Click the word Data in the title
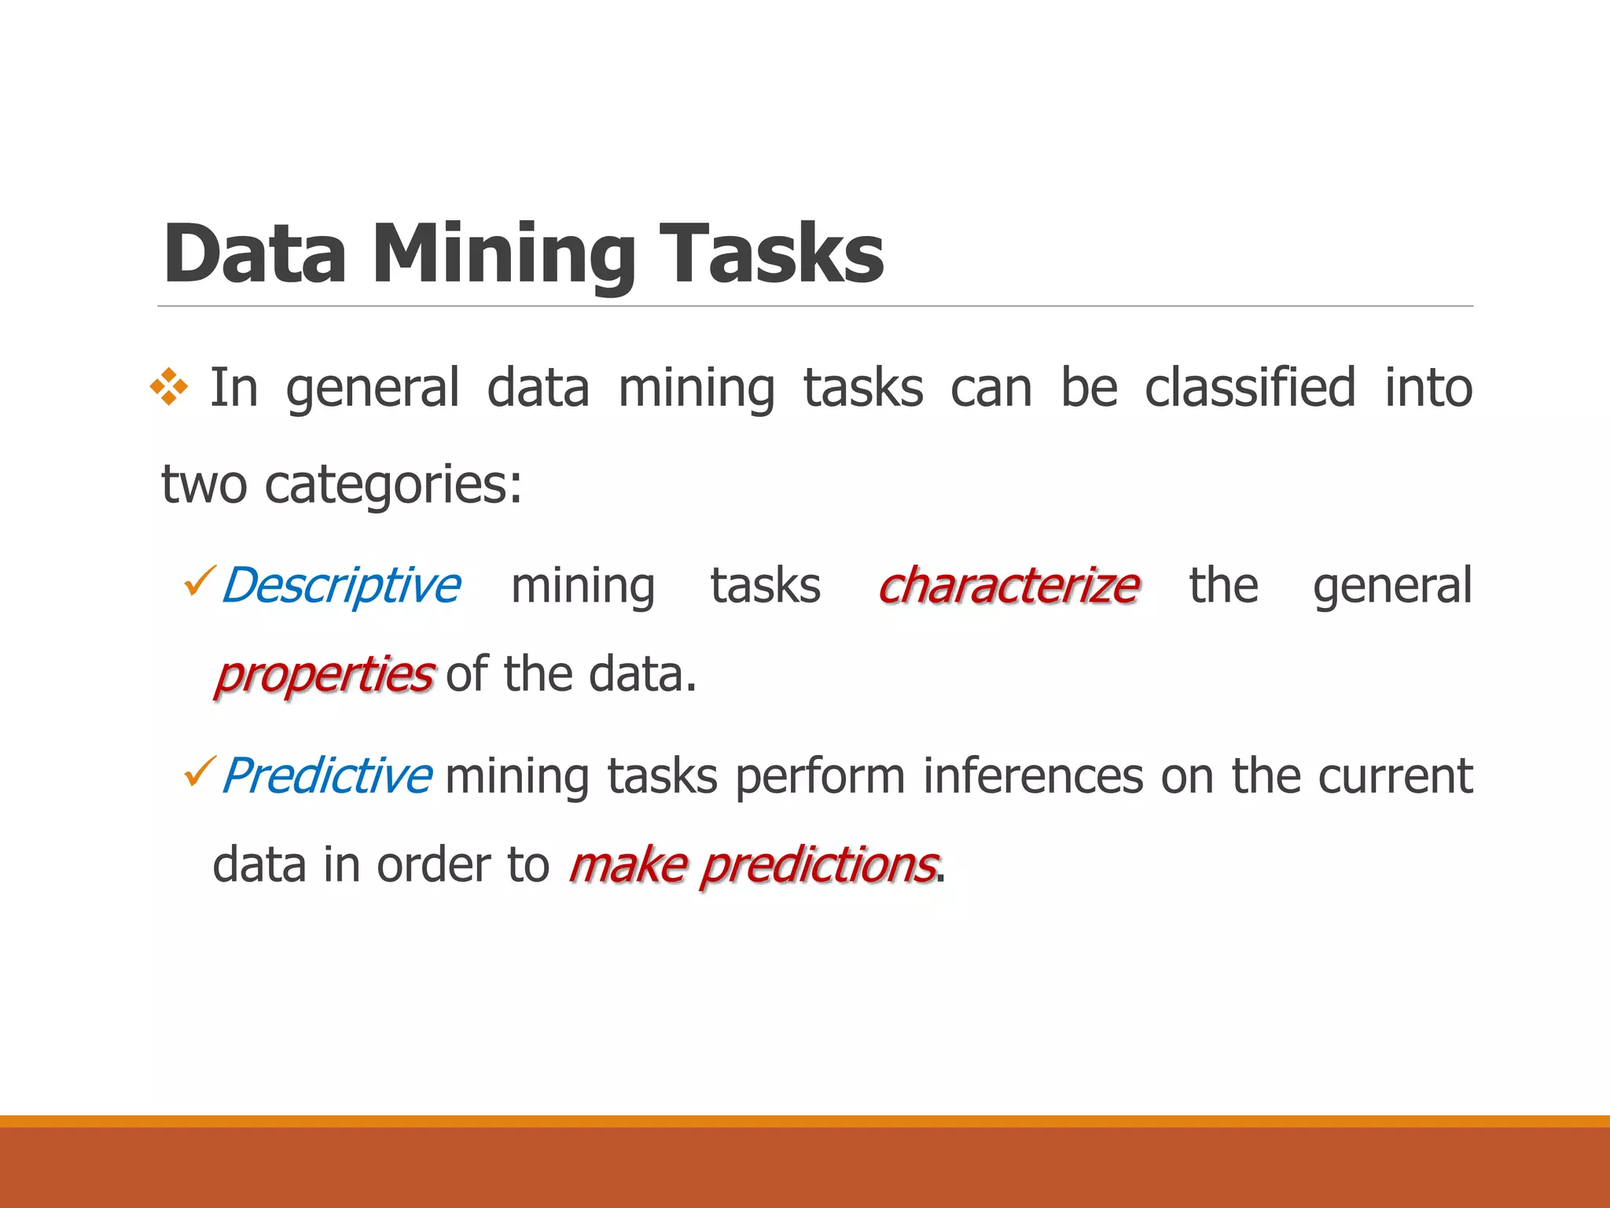tap(254, 253)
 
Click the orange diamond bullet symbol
tap(169, 387)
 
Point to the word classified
tap(1249, 388)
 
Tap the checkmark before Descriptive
tap(199, 582)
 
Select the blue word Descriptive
tap(340, 586)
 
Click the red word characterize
tap(1009, 586)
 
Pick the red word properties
tap(323, 675)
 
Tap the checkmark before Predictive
tap(199, 772)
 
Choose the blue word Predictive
tap(326, 776)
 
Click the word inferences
tap(1033, 776)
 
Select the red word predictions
tap(818, 866)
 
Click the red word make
tap(628, 866)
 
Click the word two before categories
tap(204, 484)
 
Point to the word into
tap(1428, 388)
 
